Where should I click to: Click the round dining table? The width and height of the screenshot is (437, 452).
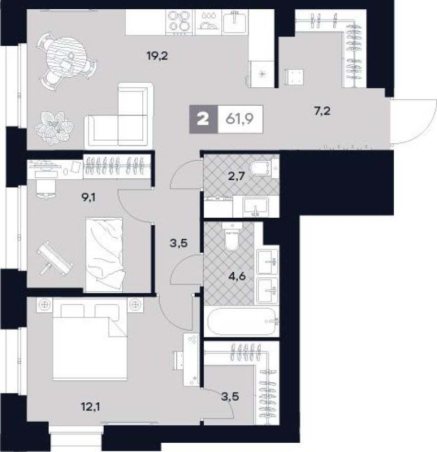pos(66,57)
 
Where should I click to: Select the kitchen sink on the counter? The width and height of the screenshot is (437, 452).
pos(236,21)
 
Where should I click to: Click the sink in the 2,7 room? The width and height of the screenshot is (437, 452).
pos(255,207)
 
